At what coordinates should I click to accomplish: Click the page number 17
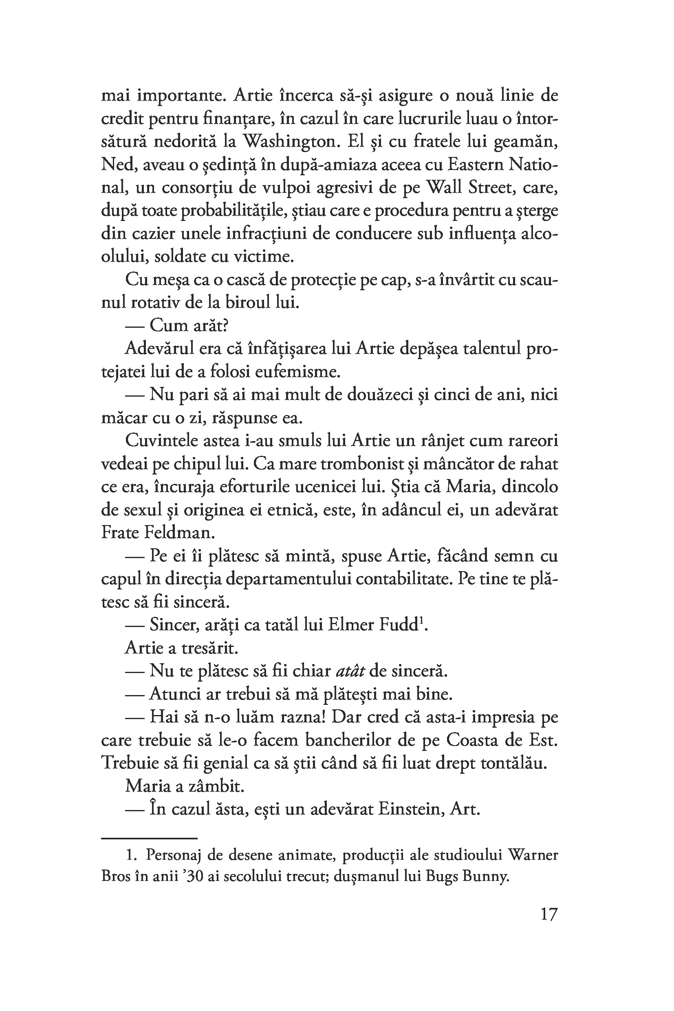pyautogui.click(x=548, y=926)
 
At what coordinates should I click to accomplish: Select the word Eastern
pyautogui.click(x=468, y=165)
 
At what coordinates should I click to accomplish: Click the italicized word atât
pyautogui.click(x=350, y=671)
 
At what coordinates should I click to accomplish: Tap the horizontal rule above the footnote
pyautogui.click(x=149, y=838)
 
